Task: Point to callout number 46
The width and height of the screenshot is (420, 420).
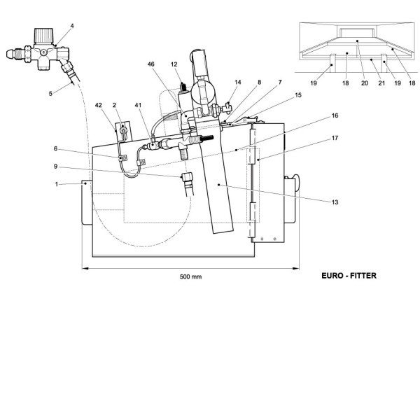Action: point(151,64)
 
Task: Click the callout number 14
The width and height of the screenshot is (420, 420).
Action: point(239,83)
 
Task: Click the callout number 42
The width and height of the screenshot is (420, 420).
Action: point(99,106)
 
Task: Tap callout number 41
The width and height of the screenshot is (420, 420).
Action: point(139,106)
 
